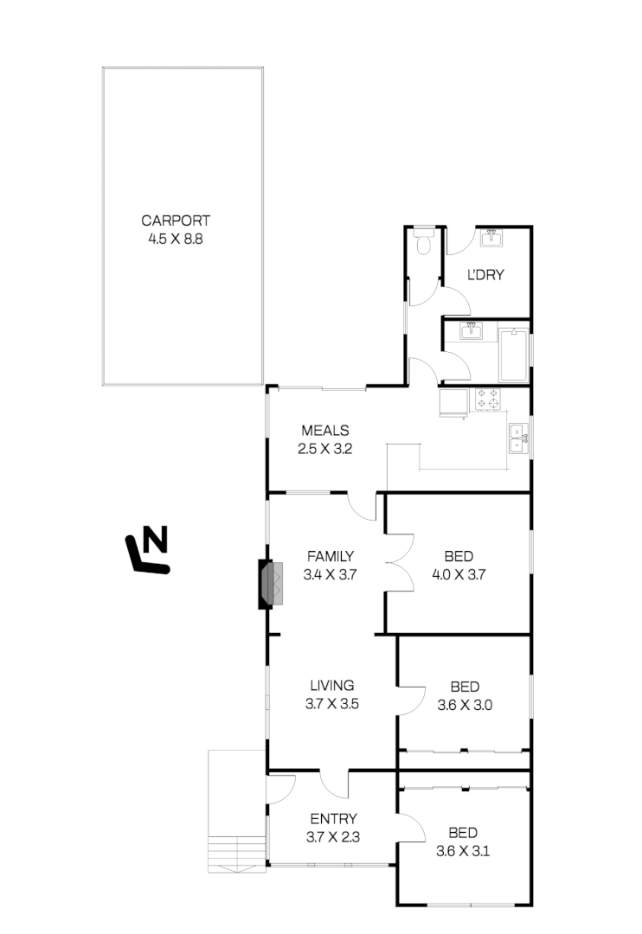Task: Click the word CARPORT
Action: [176, 221]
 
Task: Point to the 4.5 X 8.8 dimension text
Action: [176, 239]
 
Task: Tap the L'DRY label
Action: [485, 276]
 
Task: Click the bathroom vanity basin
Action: [472, 332]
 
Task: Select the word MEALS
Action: [324, 431]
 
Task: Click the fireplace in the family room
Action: [271, 585]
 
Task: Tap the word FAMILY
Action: [330, 556]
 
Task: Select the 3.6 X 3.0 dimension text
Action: [465, 704]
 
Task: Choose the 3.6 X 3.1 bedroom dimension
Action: [463, 851]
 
